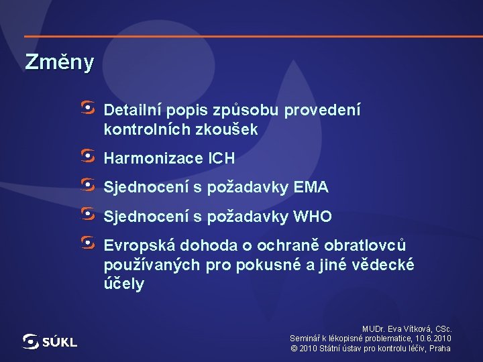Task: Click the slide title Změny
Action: pyautogui.click(x=59, y=62)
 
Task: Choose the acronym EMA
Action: pyautogui.click(x=311, y=188)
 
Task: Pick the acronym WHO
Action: pyautogui.click(x=313, y=217)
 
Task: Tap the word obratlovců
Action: pyautogui.click(x=366, y=246)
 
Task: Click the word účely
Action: pyautogui.click(x=123, y=284)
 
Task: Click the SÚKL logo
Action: pyautogui.click(x=50, y=342)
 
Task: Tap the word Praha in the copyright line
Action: pyautogui.click(x=440, y=349)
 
